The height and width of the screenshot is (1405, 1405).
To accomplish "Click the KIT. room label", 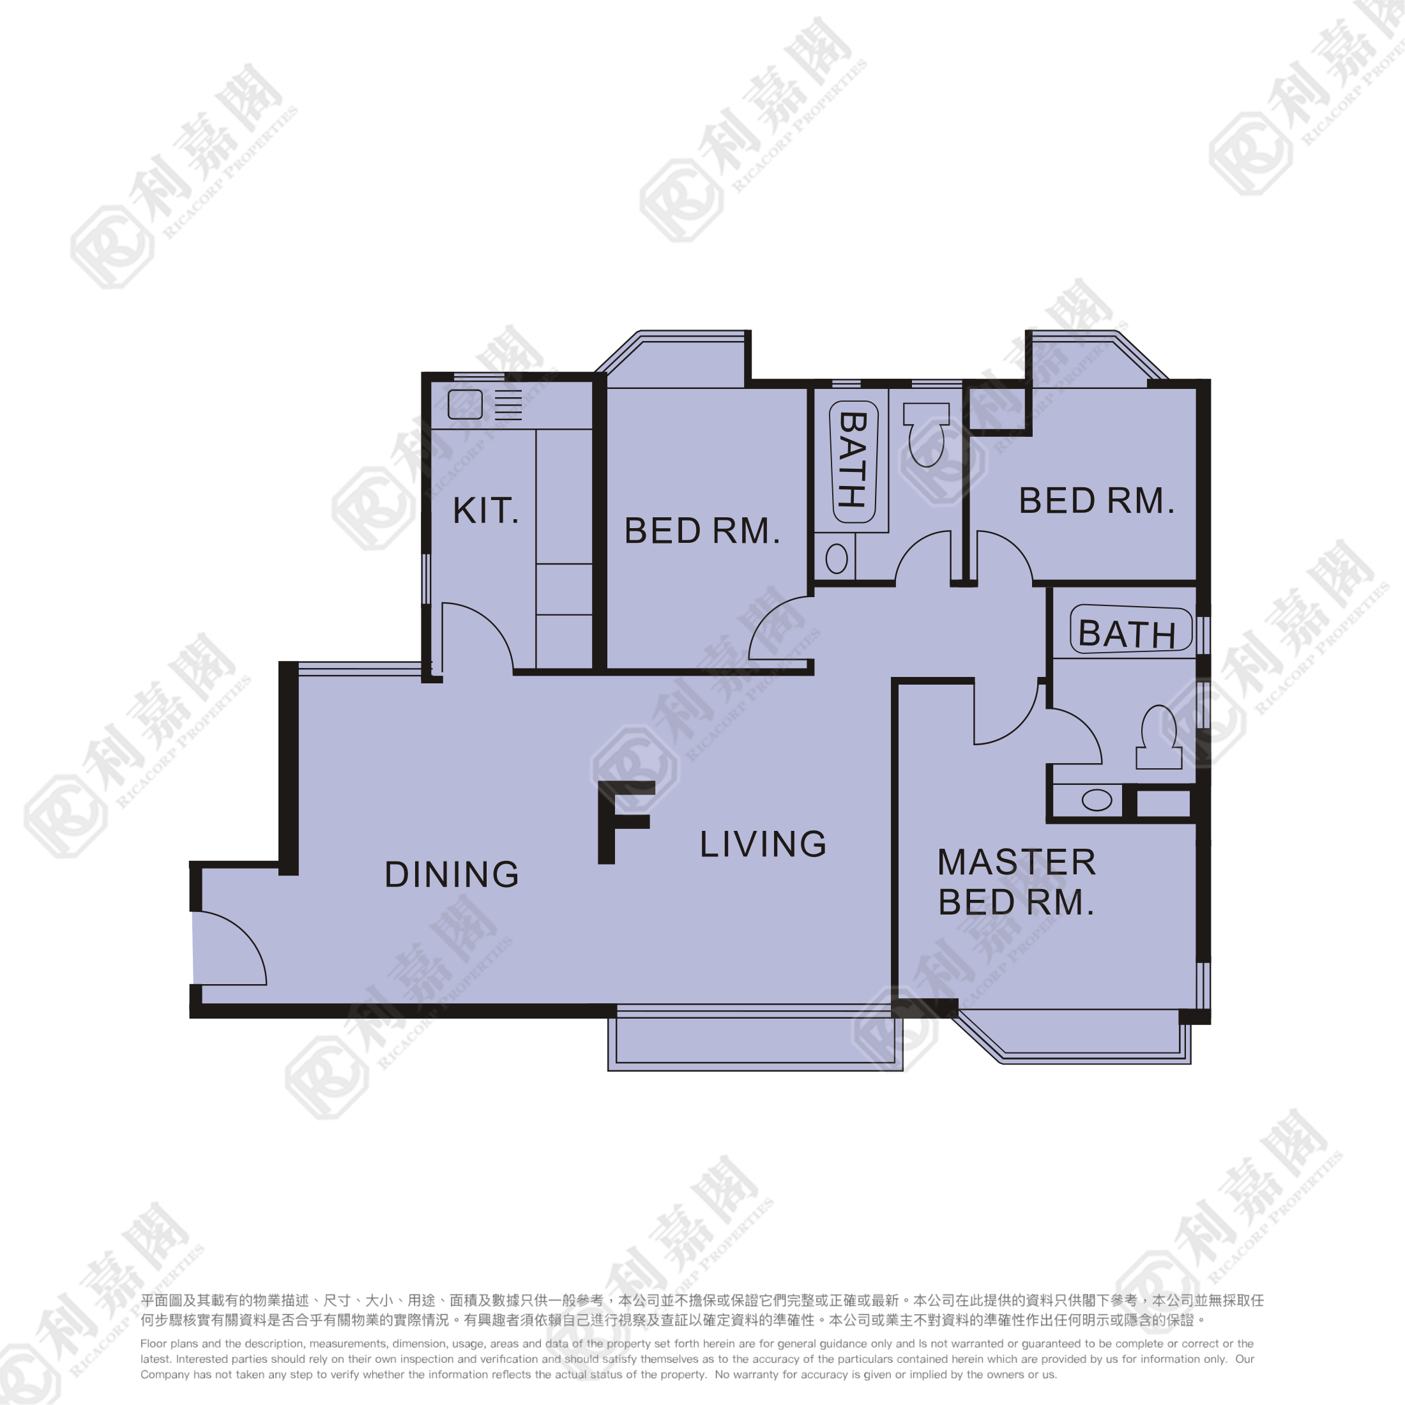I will (x=485, y=512).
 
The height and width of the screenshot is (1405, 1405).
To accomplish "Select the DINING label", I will (x=452, y=875).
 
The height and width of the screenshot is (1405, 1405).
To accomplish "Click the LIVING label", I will (x=763, y=844).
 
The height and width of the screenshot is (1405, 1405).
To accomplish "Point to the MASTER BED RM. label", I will (x=1016, y=882).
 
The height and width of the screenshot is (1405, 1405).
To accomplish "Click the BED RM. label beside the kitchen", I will (x=702, y=531).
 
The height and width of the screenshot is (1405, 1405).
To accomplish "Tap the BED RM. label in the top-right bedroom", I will (x=1096, y=501).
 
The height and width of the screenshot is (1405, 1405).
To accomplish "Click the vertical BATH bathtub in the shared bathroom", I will (x=853, y=461).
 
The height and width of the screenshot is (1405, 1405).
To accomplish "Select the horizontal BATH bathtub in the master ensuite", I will (x=1130, y=630).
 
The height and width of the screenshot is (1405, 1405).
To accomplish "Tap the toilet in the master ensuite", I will (x=1158, y=738).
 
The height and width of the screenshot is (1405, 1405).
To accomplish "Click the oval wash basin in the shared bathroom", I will (x=837, y=559).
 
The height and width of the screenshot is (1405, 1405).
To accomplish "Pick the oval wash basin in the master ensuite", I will (x=1097, y=801).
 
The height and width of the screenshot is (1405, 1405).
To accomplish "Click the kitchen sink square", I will (x=465, y=404).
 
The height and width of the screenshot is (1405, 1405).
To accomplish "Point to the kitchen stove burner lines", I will (x=508, y=405).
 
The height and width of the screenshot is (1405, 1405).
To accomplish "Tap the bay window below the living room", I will (x=755, y=1042).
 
